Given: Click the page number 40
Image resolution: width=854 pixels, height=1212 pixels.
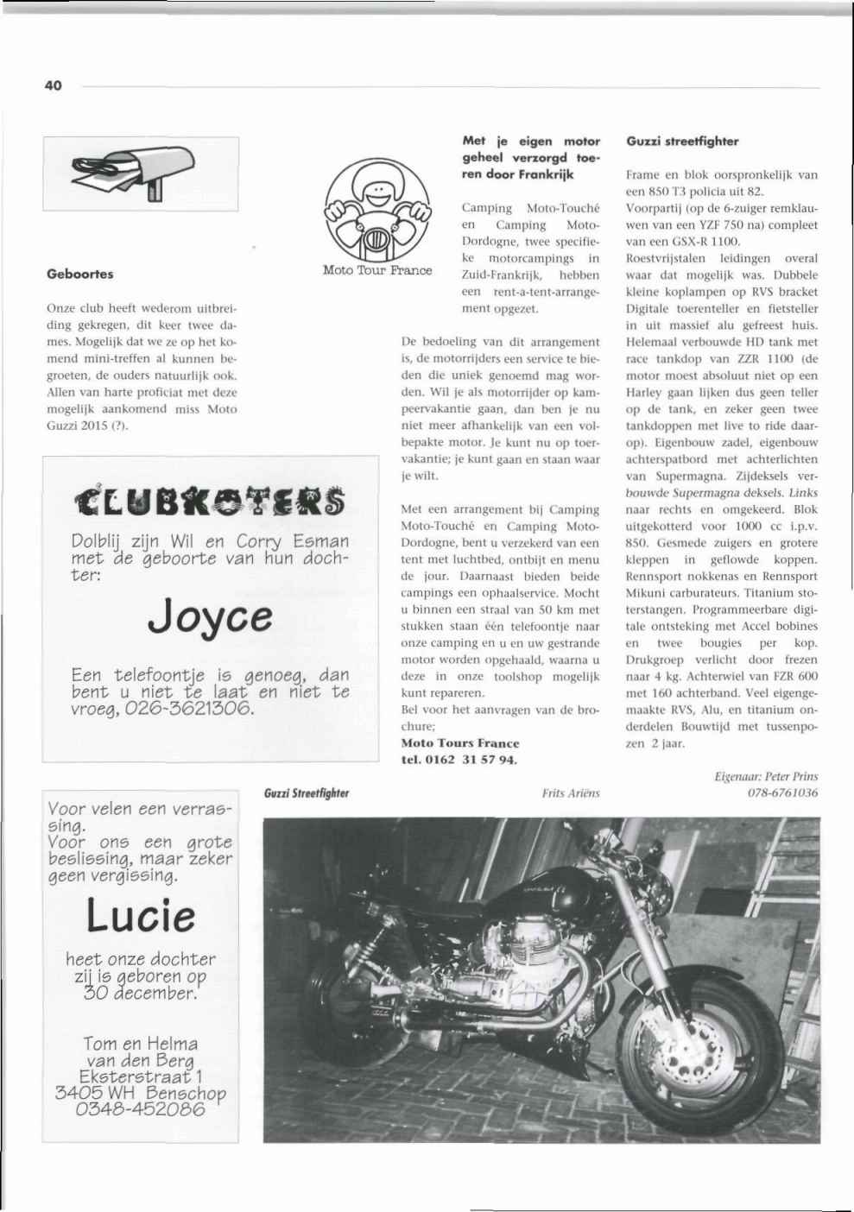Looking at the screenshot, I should (53, 85).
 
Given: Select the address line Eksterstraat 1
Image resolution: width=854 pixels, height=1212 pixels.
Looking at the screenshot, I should (141, 1076).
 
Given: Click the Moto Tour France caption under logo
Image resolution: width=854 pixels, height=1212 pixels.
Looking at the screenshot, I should (376, 270).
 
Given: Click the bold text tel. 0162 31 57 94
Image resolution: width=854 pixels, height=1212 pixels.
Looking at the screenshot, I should (459, 760).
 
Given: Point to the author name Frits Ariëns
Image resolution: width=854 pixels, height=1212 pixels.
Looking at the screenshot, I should (570, 792).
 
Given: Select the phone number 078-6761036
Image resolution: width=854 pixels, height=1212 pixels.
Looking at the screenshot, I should (782, 792).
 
